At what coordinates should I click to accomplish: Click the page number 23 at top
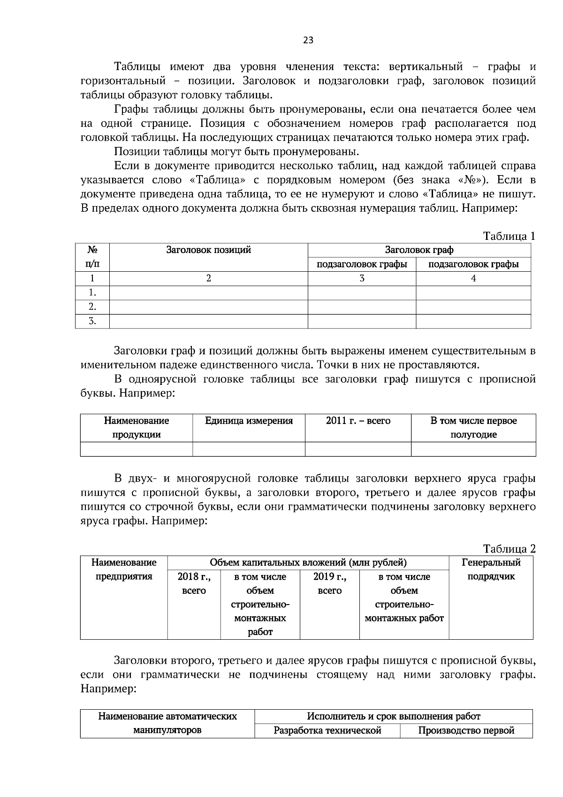(308, 40)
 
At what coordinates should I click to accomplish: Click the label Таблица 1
(509, 236)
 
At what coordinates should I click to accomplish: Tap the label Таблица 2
(509, 549)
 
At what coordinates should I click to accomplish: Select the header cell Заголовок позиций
(208, 250)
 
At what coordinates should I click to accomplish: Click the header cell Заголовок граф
(419, 250)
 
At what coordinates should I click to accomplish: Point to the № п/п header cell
(92, 257)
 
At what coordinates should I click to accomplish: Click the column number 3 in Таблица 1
(362, 278)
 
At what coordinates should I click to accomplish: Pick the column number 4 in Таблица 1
(473, 278)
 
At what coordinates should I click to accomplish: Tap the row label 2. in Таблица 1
(92, 307)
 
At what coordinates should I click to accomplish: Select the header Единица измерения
(249, 421)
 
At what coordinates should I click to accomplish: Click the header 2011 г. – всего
(358, 421)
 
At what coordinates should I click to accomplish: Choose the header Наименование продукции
(137, 428)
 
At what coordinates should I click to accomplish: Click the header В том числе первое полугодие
(473, 428)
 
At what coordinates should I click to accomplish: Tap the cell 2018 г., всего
(194, 583)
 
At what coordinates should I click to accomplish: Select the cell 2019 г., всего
(329, 583)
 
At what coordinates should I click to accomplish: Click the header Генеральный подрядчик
(491, 569)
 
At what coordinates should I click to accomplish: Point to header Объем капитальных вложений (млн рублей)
(308, 563)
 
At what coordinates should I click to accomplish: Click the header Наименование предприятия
(124, 569)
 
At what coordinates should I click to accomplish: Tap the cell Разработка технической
(327, 730)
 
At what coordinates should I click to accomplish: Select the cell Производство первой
(466, 730)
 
